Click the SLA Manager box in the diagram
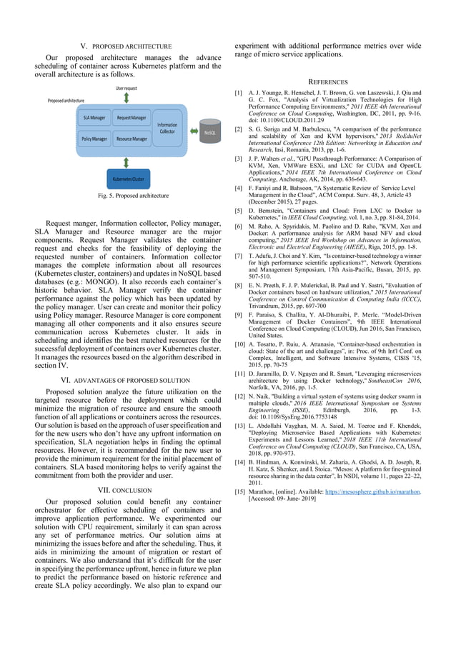click(94, 117)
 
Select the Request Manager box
click(132, 117)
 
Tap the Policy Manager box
click(94, 139)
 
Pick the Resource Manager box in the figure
click(132, 139)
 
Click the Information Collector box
click(167, 128)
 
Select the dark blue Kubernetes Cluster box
click(128, 179)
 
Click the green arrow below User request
click(127, 97)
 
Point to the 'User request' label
click(127, 87)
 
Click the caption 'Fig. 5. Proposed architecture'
click(127, 195)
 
